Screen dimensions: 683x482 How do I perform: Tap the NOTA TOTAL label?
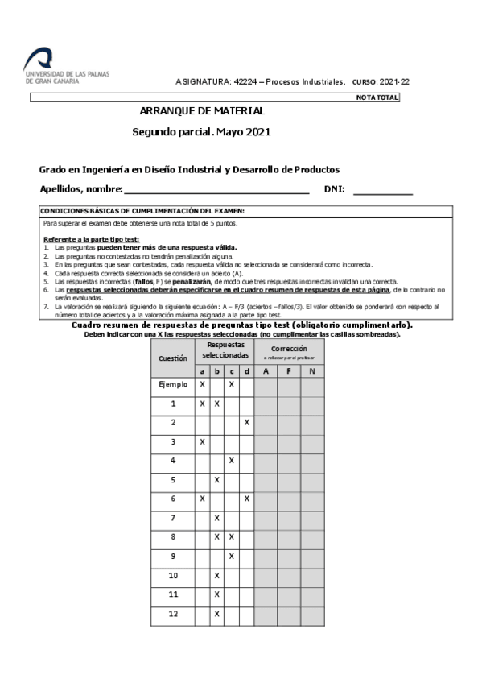coord(377,97)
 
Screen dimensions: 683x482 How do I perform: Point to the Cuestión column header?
coord(173,358)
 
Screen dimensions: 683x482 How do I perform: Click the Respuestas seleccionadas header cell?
coord(225,350)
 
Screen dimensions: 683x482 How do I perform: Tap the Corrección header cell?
coord(289,350)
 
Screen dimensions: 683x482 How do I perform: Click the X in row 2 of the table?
coord(247,422)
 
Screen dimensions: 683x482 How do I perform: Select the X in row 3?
coord(202,441)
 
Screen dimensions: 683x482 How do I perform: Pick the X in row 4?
coord(232,461)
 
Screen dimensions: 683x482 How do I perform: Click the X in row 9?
coord(232,556)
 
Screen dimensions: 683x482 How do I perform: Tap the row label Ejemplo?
coord(173,385)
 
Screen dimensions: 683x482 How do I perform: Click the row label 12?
coord(173,614)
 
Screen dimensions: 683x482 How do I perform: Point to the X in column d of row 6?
coord(247,499)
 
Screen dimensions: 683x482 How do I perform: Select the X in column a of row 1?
coord(202,404)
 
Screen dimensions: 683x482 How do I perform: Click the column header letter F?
coord(289,370)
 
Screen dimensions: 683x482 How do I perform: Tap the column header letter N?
coord(312,370)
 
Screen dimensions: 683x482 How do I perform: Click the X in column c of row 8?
coord(232,536)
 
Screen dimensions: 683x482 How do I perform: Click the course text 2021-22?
coord(393,82)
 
